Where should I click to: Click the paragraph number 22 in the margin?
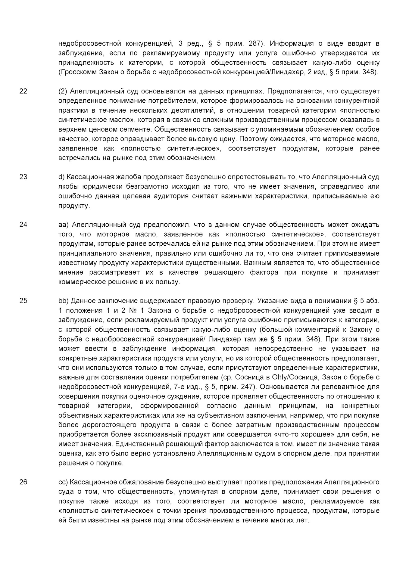pyautogui.click(x=23, y=91)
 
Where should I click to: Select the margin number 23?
pyautogui.click(x=23, y=177)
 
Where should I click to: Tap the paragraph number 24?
pyautogui.click(x=23, y=225)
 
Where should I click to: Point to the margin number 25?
pyautogui.click(x=23, y=301)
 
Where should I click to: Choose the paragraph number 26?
pyautogui.click(x=23, y=482)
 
